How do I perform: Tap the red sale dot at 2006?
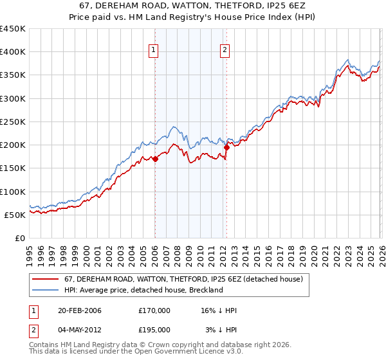pyautogui.click(x=155, y=159)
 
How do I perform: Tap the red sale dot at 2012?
pyautogui.click(x=226, y=147)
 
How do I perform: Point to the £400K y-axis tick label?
pyautogui.click(x=12, y=52)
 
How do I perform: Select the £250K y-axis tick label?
pyautogui.click(x=12, y=122)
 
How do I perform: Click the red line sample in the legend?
pyautogui.click(x=46, y=279)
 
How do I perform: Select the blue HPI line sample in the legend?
pyautogui.click(x=46, y=290)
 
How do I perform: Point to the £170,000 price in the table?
pyautogui.click(x=154, y=310)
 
